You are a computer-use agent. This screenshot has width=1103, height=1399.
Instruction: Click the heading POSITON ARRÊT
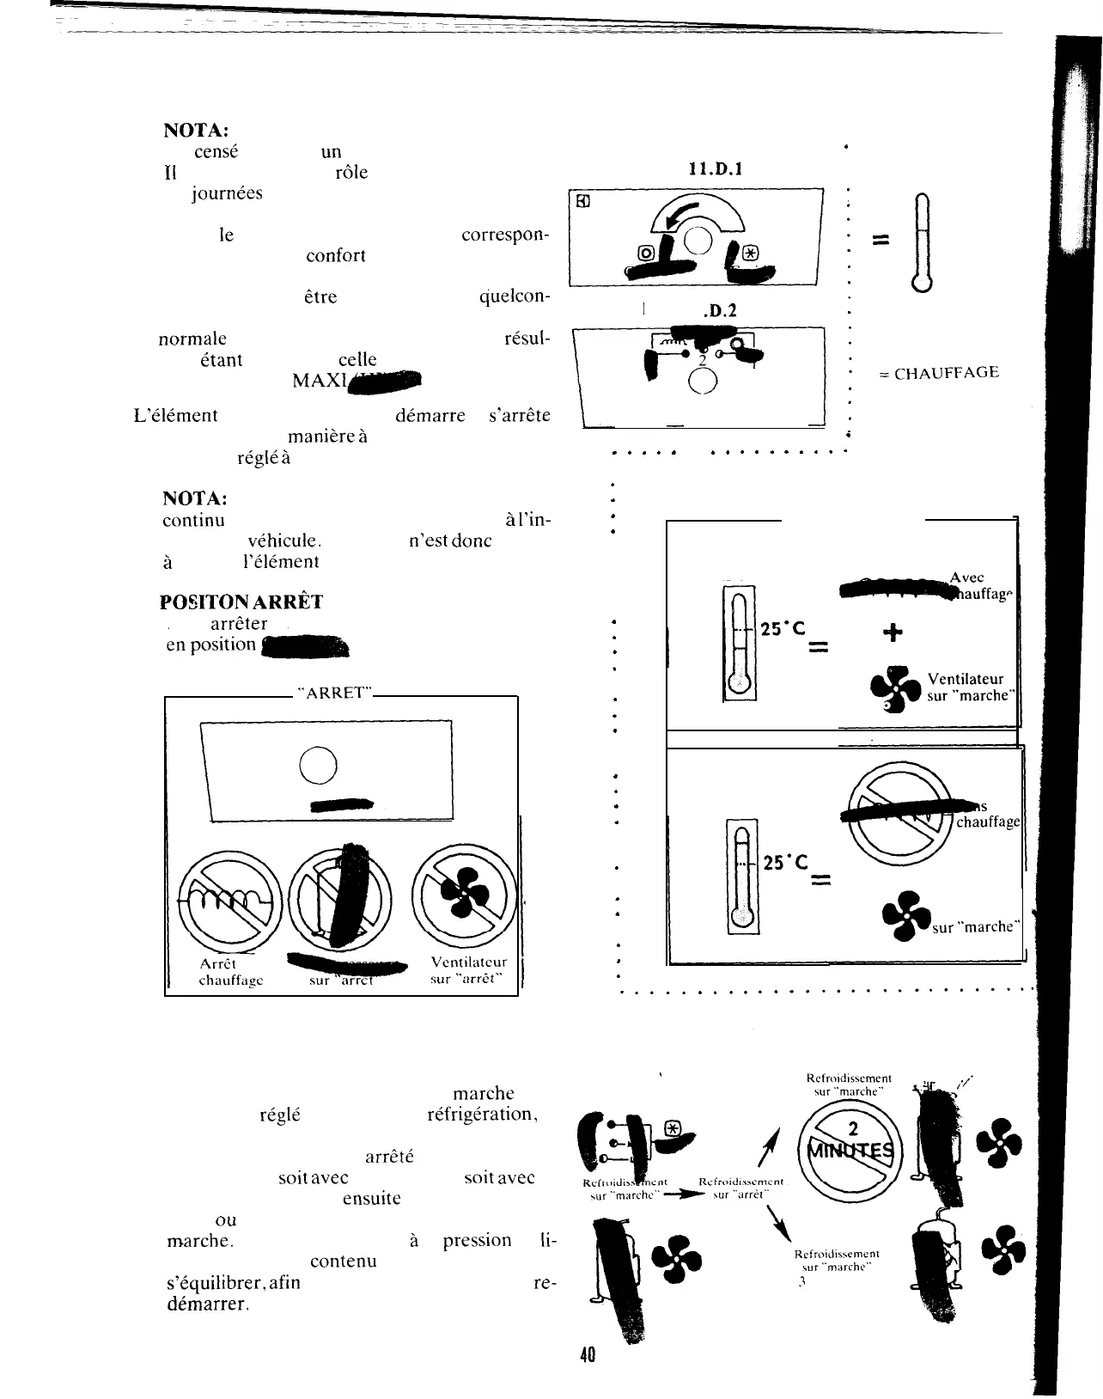(x=241, y=602)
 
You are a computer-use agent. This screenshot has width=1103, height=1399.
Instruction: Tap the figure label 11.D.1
(x=716, y=169)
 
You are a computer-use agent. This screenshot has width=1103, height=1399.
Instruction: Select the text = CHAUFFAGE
(x=939, y=373)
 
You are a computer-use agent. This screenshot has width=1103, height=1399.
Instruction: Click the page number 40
(x=588, y=1355)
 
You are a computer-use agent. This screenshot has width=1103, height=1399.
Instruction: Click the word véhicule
(x=284, y=541)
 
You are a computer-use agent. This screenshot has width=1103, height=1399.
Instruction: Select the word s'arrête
(x=519, y=416)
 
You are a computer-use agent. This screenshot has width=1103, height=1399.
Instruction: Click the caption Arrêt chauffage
(x=230, y=972)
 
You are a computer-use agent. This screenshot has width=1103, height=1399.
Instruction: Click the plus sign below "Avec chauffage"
(x=893, y=632)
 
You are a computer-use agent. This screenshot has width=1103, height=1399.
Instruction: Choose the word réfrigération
(x=482, y=1115)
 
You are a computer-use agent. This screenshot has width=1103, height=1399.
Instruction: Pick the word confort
(x=336, y=256)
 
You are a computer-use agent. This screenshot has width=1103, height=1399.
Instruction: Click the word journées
(x=227, y=193)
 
